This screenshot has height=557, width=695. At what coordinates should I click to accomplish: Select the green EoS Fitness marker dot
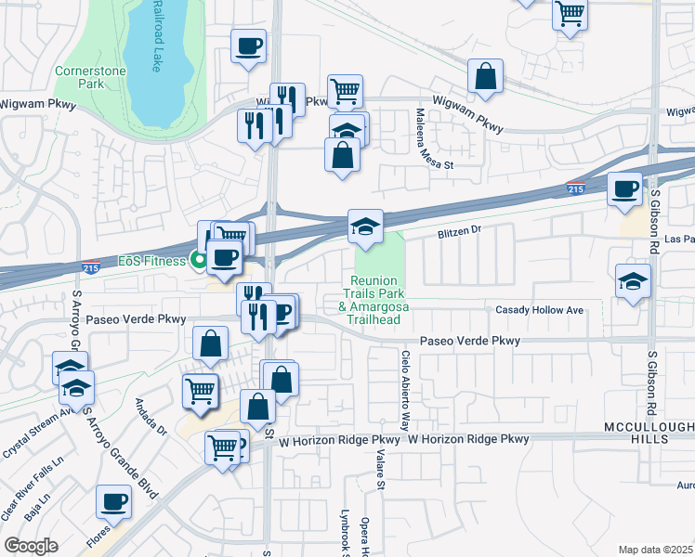198,260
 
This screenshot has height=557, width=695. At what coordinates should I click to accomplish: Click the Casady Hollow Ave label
539,310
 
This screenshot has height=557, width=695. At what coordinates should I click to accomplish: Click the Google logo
32,545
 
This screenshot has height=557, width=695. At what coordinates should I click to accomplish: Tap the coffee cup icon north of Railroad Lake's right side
248,45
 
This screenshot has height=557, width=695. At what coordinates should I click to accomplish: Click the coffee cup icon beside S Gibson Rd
624,189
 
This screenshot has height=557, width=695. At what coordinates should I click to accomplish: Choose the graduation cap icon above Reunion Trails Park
366,226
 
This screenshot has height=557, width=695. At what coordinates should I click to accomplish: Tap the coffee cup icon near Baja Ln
113,501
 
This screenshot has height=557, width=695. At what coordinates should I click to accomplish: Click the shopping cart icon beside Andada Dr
200,391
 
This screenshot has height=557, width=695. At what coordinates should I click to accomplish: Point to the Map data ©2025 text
655,550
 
